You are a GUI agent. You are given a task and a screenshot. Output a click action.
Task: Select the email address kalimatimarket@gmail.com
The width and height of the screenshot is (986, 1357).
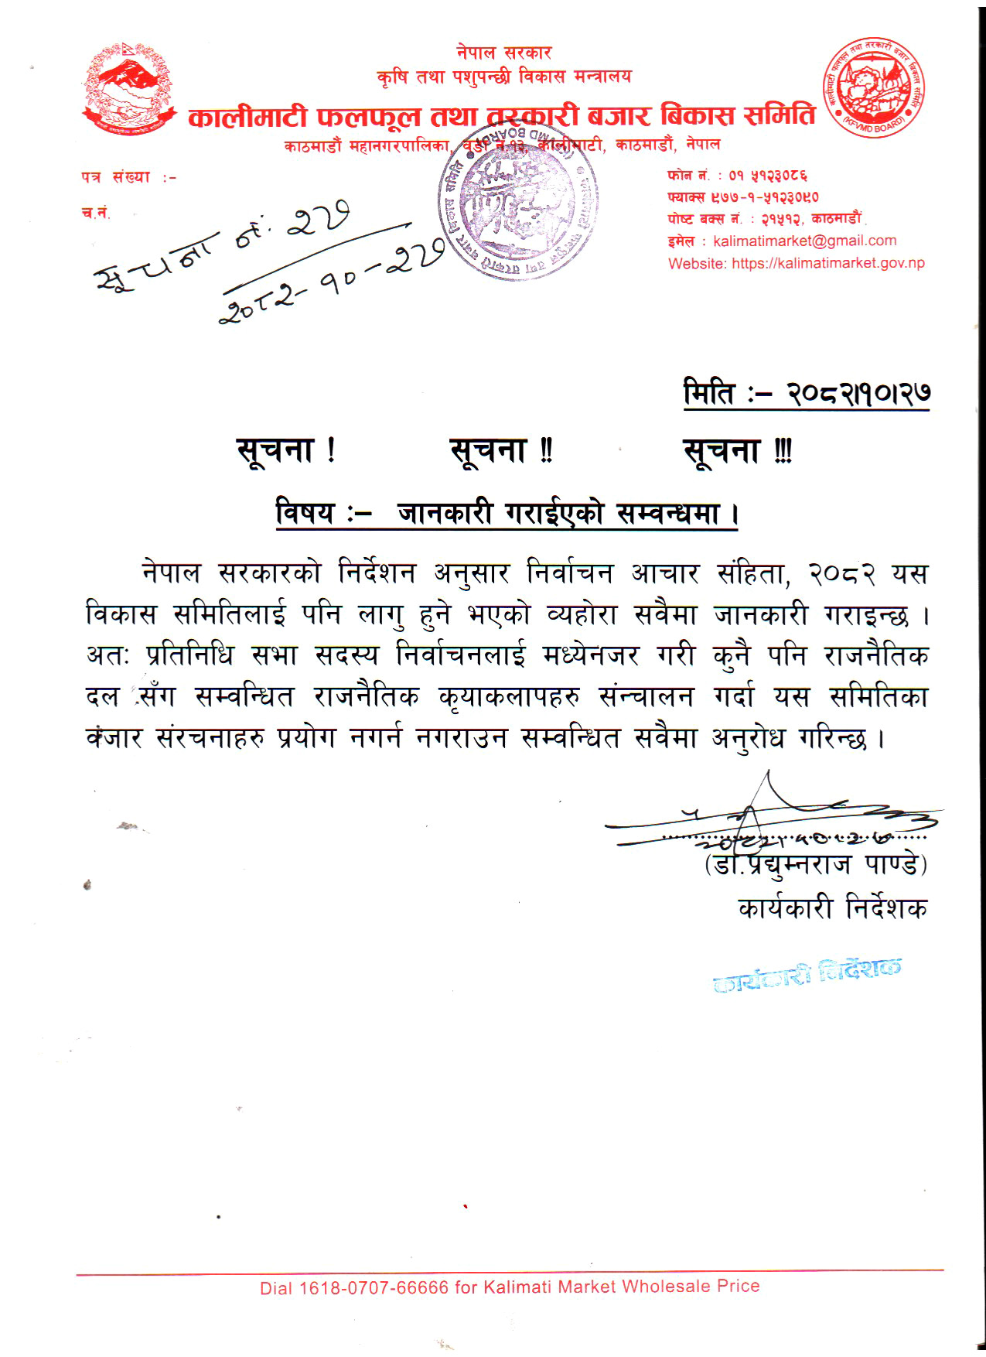pos(804,241)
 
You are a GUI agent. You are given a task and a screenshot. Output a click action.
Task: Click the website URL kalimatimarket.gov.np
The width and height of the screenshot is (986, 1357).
pos(827,263)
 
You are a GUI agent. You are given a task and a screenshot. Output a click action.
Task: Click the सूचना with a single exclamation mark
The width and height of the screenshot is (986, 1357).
pos(285,450)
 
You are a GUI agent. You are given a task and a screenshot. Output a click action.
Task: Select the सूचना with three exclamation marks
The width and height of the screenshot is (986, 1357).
pos(737,451)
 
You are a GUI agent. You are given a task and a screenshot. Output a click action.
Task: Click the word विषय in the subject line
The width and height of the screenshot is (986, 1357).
pos(305,513)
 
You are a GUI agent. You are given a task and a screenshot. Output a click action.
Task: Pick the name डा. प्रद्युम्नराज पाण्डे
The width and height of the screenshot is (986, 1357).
pos(815,863)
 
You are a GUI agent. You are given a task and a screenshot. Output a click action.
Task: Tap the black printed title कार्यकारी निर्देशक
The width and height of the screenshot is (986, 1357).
pos(832,908)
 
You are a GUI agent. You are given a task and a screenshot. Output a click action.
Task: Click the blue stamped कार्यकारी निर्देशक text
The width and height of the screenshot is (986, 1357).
pos(807,975)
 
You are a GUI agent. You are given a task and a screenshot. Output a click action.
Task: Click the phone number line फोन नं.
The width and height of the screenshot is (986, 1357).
pos(738,176)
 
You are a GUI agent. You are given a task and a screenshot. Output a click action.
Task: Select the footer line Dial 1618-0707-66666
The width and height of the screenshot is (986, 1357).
pos(510,1287)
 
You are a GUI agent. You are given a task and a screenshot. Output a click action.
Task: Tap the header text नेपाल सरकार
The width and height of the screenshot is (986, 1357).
pos(503,53)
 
